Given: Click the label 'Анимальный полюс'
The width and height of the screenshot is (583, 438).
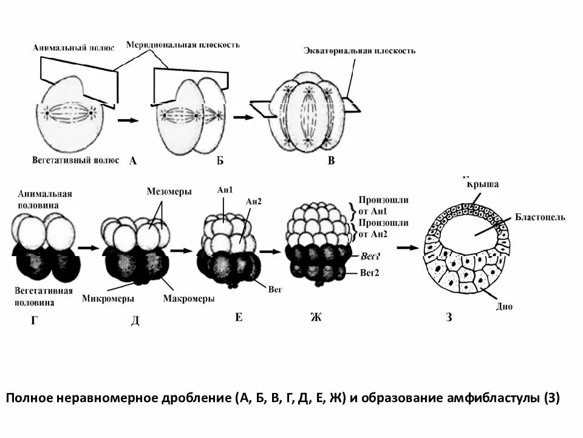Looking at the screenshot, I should (74, 48).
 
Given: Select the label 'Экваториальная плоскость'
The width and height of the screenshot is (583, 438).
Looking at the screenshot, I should (360, 51).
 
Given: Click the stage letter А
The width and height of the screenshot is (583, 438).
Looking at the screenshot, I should (133, 161).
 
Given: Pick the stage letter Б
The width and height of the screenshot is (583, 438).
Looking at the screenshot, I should (220, 161).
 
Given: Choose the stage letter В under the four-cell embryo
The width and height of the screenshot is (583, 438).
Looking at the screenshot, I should (331, 161).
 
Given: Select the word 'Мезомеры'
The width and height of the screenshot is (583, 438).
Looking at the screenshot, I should (169, 191).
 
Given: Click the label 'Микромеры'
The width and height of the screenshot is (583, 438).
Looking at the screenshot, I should (108, 299).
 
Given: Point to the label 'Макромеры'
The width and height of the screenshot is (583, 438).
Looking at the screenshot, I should (189, 299).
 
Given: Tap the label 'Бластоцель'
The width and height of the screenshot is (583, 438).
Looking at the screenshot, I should (540, 217).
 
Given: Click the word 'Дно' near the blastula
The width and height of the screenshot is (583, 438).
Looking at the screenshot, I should (503, 307).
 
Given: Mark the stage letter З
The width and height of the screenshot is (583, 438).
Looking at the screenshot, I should (449, 318).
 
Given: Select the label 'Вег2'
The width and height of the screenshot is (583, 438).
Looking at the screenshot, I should (369, 273).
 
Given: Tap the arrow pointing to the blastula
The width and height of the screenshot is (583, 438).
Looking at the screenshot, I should (408, 248).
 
